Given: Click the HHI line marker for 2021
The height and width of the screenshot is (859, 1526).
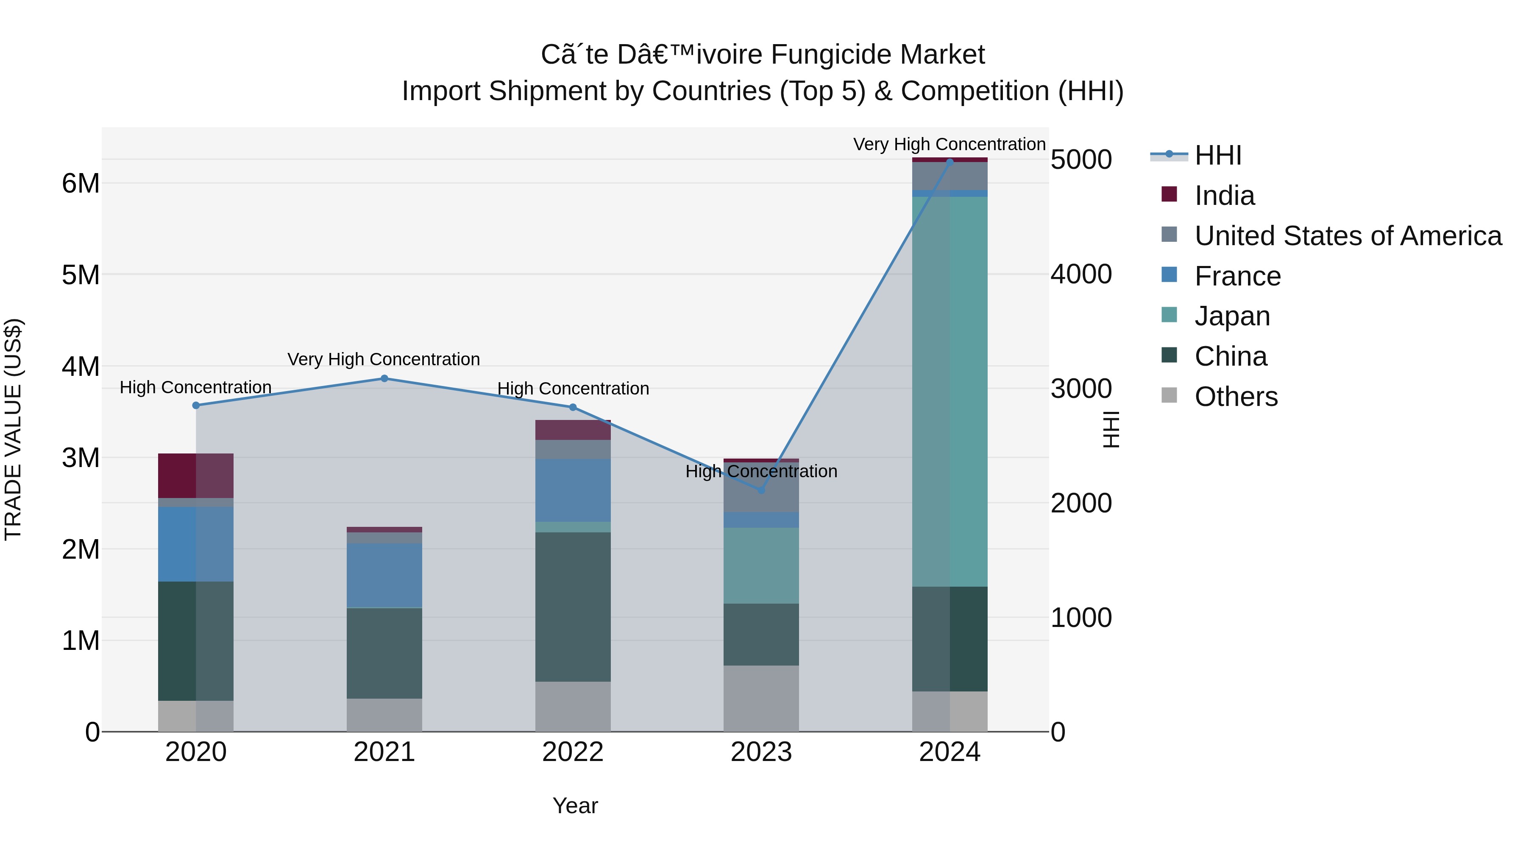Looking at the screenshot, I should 384,378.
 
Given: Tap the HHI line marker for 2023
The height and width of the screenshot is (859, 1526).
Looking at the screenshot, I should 761,490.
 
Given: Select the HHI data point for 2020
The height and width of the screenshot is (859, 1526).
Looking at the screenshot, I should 196,406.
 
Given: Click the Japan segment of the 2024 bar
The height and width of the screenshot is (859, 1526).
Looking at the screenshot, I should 950,391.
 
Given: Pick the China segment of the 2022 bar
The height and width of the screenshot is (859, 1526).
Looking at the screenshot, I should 573,607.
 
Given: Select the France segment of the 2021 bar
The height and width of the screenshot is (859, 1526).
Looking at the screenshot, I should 384,575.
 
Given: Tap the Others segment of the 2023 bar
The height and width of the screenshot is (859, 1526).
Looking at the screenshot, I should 761,698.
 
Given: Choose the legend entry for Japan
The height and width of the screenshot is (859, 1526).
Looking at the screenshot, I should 1231,316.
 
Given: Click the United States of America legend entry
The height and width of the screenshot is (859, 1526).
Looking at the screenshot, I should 1348,236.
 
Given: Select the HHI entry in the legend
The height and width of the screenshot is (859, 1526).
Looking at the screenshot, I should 1217,155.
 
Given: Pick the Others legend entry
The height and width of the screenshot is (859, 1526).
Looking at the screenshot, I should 1236,397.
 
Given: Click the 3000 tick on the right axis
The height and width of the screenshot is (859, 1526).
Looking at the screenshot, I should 1081,389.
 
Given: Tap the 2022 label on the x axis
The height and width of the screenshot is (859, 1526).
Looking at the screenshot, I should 573,752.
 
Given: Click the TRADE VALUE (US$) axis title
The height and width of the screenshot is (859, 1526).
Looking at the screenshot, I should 13,429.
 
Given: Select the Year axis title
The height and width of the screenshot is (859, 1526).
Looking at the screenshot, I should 575,806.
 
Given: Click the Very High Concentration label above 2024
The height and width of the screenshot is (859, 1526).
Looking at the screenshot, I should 949,144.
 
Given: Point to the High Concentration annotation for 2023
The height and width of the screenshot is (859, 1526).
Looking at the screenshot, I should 761,471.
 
